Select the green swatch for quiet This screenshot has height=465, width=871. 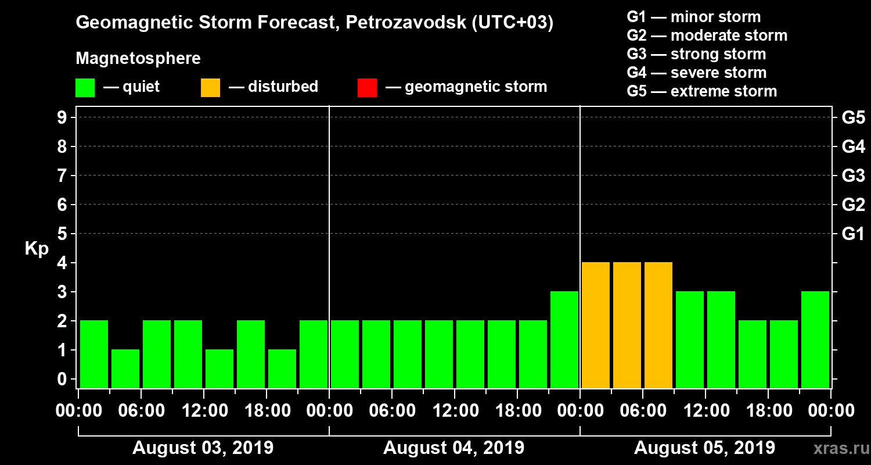click(x=85, y=88)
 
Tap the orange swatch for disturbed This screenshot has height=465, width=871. click(x=210, y=88)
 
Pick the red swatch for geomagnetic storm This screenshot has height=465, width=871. click(x=367, y=88)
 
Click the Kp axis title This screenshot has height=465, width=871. click(x=37, y=249)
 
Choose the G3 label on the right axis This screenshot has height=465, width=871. click(x=853, y=176)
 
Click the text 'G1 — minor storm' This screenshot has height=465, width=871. click(x=693, y=17)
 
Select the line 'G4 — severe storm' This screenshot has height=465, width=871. click(x=696, y=73)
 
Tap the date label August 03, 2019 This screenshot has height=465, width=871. click(x=203, y=448)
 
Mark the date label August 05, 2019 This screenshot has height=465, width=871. click(x=704, y=448)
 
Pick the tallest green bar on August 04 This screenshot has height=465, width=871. click(x=564, y=340)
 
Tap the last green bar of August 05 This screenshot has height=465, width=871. click(x=815, y=340)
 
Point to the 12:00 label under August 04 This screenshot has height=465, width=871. click(x=455, y=411)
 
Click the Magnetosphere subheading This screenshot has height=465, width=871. click(x=138, y=59)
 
